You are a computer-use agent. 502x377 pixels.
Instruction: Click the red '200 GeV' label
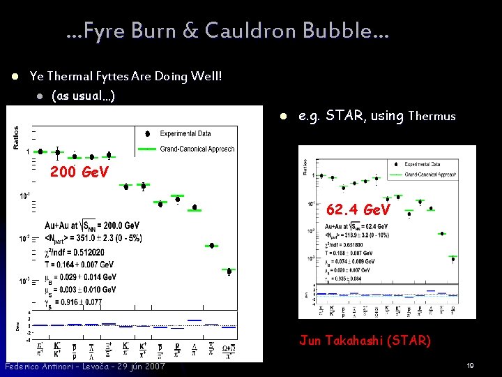[x=79, y=172]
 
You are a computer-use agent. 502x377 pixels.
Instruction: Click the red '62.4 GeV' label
[x=356, y=209]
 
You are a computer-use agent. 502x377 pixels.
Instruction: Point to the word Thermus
[x=432, y=117]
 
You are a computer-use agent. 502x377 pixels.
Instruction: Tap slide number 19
[x=471, y=366]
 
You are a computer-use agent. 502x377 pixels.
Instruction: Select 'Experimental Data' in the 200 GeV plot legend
[x=185, y=133]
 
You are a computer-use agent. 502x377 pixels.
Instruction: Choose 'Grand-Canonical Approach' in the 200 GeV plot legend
[x=197, y=149]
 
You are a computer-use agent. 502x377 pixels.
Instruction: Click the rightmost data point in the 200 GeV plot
[x=229, y=271]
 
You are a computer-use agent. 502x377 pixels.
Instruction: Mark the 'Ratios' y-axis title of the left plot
[x=16, y=137]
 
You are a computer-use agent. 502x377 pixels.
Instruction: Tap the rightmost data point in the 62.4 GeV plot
[x=453, y=258]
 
